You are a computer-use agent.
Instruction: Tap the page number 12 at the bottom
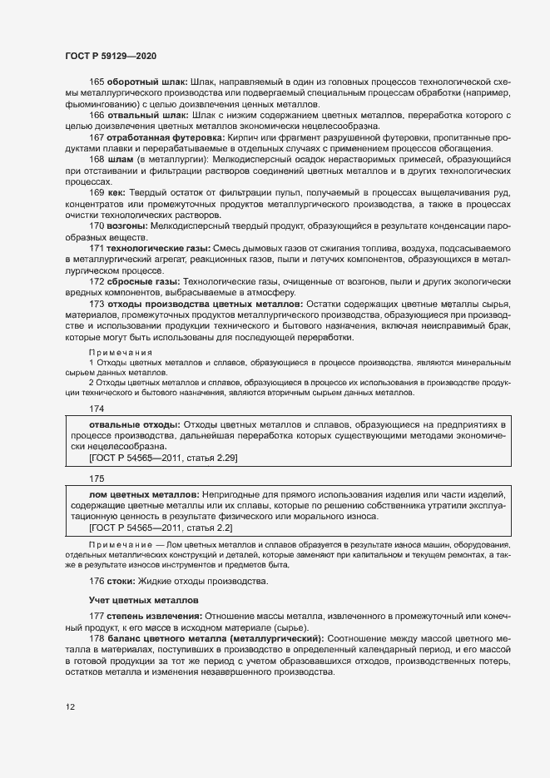click(71, 707)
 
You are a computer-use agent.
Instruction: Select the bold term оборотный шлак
click(146, 82)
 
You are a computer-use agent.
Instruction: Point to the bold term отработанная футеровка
click(164, 136)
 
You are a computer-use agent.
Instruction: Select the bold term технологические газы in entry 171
click(158, 248)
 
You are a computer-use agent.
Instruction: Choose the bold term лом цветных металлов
click(136, 496)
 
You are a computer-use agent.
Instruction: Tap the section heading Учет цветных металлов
click(143, 599)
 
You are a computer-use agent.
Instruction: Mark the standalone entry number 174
click(97, 409)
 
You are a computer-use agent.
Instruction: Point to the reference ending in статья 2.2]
click(161, 528)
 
